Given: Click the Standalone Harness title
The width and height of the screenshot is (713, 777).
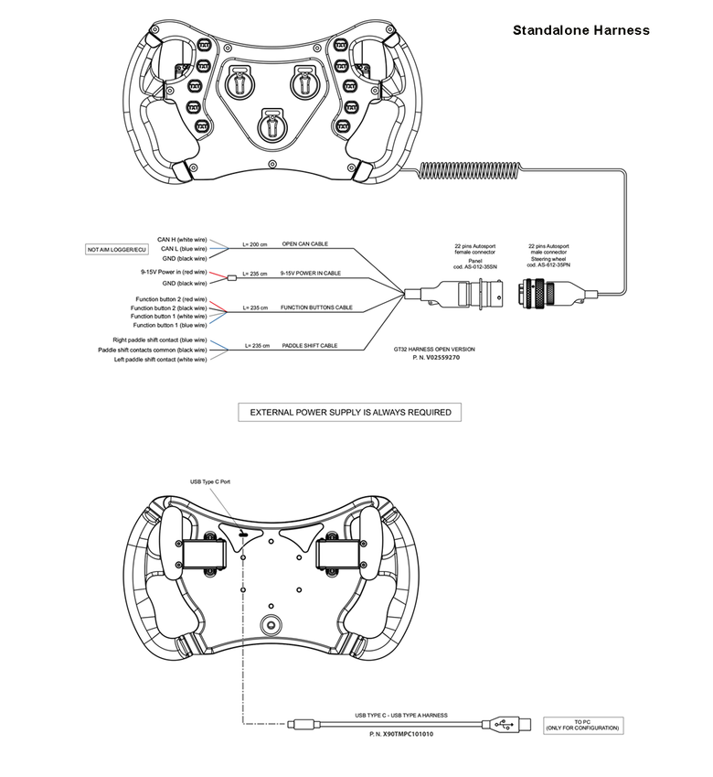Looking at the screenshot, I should coord(581,30).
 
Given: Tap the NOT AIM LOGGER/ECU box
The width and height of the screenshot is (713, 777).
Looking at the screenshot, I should coord(116,249).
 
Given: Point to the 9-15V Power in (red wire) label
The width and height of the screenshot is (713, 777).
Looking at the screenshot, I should coord(174,273).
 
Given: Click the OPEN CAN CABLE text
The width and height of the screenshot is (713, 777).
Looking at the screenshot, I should coord(304,245).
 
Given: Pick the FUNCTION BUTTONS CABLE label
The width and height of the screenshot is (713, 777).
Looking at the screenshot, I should coord(316,308).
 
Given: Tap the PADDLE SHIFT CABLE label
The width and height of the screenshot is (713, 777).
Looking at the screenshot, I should coord(309,346).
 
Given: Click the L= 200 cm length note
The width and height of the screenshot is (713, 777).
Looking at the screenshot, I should coord(255,245).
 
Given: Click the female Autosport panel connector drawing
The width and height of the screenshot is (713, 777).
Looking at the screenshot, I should coord(474,295).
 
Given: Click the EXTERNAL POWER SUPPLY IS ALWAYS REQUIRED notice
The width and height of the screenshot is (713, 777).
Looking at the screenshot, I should coord(349,413).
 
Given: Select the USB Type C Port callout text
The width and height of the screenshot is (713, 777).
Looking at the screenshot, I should coord(211,481).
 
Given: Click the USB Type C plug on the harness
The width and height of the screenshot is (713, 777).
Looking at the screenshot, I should coord(300,727).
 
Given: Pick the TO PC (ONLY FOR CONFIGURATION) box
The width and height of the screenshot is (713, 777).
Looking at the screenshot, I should coord(583,725).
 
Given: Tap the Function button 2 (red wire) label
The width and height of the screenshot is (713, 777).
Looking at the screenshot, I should coord(171,299).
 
